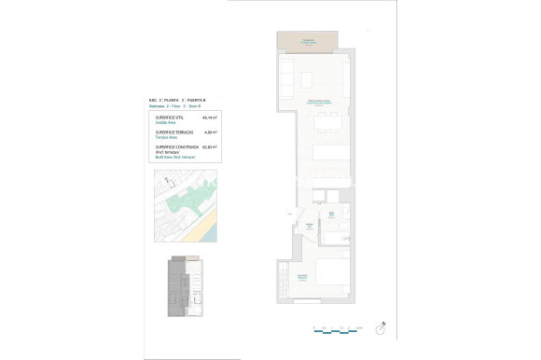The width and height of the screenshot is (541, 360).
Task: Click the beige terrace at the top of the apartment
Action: point(308,41)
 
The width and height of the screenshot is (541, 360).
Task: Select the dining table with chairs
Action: point(327,120)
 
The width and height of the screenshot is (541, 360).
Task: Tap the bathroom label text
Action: point(332,215)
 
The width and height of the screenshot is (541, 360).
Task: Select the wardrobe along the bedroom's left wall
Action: point(282,277)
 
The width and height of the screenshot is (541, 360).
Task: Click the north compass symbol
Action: point(381,328)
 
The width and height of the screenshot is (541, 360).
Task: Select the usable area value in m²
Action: point(210,118)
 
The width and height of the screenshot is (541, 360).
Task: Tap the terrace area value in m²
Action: point(211,132)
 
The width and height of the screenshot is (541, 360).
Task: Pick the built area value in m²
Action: point(210,146)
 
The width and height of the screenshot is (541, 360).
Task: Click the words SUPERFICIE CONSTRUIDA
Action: point(174,146)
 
